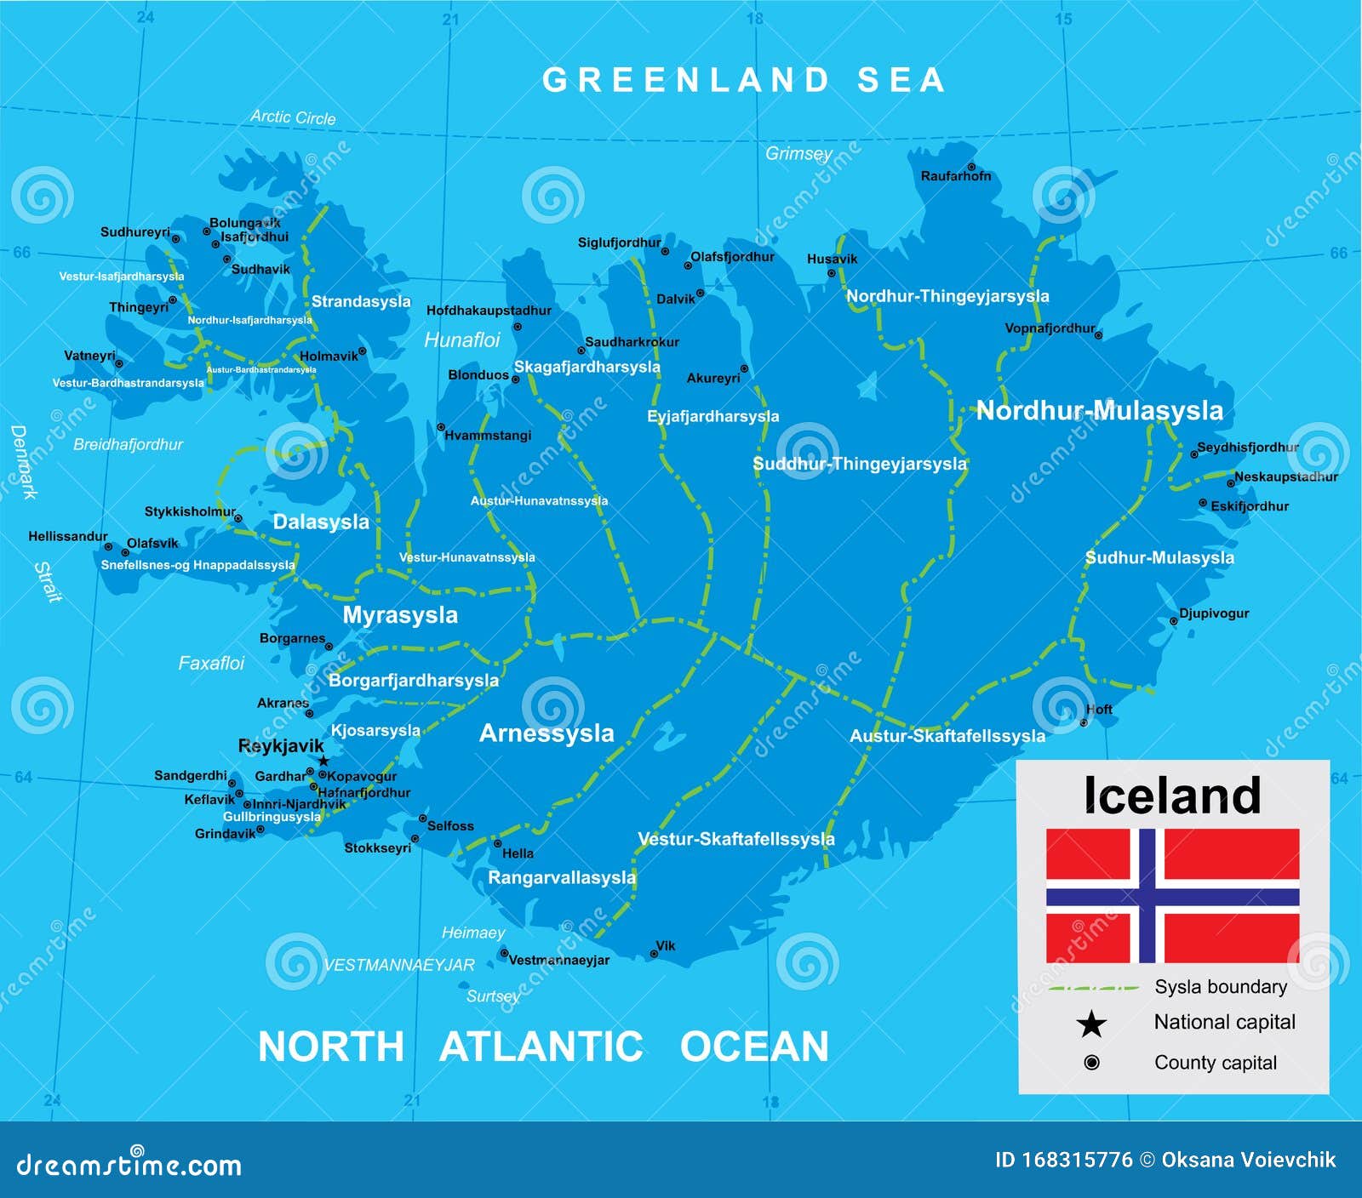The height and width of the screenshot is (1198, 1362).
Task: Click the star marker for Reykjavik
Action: point(323,761)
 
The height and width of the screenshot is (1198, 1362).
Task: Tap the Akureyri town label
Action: point(713,378)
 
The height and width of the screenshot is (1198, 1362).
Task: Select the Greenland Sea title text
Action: point(744,80)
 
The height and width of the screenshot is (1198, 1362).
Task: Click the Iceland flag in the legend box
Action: point(1172,895)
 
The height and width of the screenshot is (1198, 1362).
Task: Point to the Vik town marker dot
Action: point(654,954)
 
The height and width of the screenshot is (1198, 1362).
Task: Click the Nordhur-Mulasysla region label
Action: point(1099,410)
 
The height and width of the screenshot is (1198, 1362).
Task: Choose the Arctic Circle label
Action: point(293,117)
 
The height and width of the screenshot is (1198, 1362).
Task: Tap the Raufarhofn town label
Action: point(955,176)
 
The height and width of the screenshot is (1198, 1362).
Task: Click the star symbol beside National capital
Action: point(1091,1024)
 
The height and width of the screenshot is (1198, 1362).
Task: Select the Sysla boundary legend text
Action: point(1220,987)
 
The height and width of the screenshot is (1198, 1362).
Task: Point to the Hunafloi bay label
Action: point(462,340)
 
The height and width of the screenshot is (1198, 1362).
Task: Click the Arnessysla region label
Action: point(547,733)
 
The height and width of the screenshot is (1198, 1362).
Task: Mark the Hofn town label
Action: point(1099,709)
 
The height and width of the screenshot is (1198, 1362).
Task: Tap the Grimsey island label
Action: point(798,153)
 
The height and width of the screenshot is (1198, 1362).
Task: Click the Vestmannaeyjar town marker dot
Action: point(503,953)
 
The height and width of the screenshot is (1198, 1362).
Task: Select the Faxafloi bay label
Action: point(211,663)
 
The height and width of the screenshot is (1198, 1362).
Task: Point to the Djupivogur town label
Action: point(1214,613)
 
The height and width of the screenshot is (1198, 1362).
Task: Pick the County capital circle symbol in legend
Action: point(1091,1062)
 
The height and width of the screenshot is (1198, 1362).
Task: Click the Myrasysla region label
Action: point(400,614)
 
